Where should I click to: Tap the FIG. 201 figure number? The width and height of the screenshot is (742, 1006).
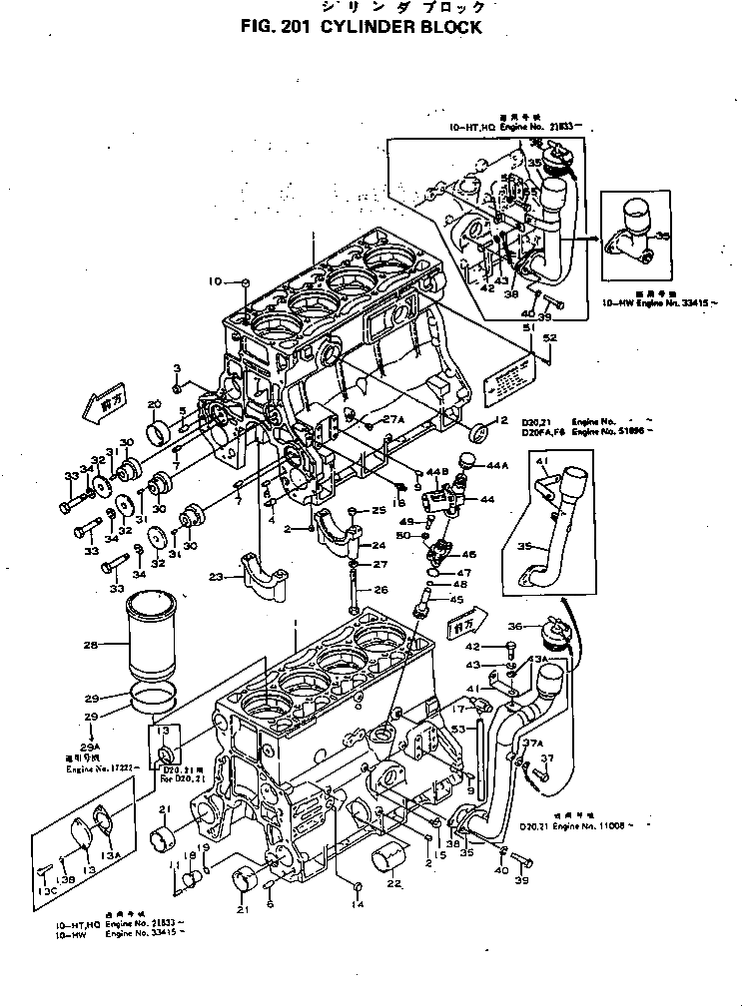tap(277, 28)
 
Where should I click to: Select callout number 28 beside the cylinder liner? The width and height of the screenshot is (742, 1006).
tap(91, 646)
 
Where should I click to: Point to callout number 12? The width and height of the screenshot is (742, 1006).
tap(502, 420)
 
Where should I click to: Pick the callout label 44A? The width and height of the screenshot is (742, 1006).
tap(497, 466)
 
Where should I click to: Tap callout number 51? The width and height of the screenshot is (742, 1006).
tap(527, 327)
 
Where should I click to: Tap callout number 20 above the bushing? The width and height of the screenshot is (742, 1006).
tap(154, 404)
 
